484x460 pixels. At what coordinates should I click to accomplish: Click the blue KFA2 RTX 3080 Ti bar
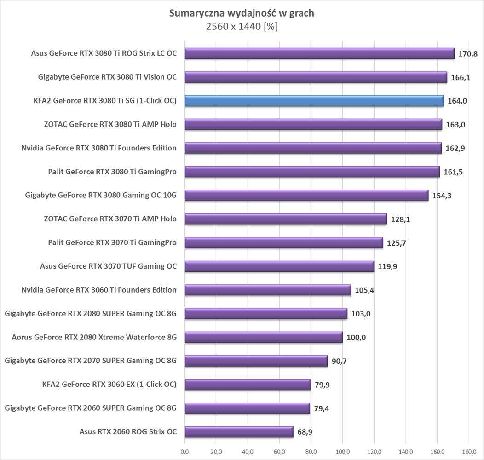point(314,101)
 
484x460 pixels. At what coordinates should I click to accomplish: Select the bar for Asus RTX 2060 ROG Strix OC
point(239,432)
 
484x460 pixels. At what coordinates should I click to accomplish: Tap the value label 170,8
point(468,54)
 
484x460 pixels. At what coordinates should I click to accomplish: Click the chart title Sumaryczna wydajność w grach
point(242,13)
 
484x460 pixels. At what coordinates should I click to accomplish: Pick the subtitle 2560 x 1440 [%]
point(242,27)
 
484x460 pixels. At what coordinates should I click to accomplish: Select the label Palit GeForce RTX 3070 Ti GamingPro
point(112,242)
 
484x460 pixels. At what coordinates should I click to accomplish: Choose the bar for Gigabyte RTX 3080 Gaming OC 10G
point(306,195)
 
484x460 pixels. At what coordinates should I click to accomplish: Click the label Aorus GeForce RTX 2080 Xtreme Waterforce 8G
point(94,337)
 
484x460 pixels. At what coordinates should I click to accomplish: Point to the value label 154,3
point(442,196)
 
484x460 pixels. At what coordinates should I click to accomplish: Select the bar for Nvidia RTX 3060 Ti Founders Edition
point(268,290)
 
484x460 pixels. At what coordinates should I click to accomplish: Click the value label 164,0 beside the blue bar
point(457,101)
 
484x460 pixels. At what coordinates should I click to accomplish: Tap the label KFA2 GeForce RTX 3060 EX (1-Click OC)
point(109,384)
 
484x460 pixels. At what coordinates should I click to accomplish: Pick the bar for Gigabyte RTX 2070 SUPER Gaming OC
point(256,361)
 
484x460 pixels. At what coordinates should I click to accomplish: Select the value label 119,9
point(387,266)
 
